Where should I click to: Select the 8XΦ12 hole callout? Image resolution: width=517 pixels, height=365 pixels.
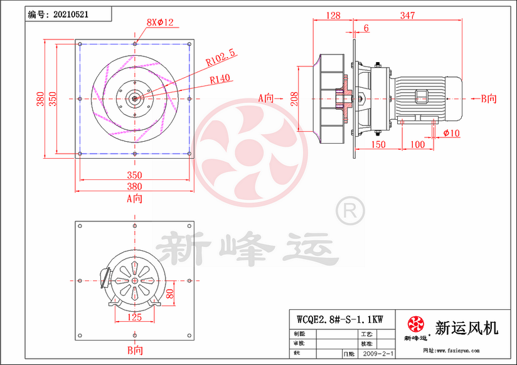coord(159,23)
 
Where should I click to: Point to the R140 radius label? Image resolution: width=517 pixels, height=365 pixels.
coord(220,79)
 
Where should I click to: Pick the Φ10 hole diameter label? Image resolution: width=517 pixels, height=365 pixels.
coord(451,133)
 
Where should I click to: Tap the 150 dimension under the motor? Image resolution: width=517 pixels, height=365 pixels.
coord(378,144)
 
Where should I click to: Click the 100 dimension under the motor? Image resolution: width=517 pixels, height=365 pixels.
coord(417,144)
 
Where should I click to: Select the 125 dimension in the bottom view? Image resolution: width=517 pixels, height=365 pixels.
coord(134,317)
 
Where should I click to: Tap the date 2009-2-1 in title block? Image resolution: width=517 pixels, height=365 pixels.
coord(378,354)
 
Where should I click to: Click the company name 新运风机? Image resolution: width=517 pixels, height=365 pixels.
coord(466,327)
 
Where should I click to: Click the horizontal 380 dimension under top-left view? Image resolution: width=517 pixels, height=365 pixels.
coord(134,186)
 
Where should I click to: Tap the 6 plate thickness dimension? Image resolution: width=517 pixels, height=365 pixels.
coord(366,28)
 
